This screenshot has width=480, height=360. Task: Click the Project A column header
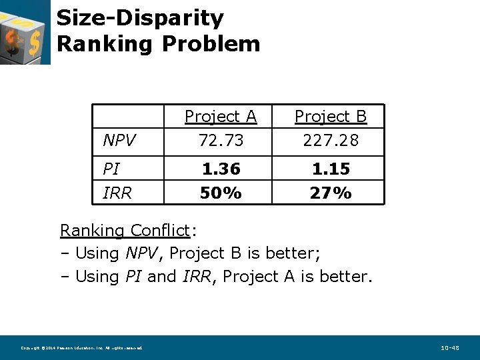[x=221, y=117]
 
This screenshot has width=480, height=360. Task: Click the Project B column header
[x=331, y=117]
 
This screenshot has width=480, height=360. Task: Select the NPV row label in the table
[x=120, y=141]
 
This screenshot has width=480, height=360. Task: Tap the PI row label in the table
[x=111, y=169]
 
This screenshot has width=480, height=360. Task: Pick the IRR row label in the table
[x=117, y=193]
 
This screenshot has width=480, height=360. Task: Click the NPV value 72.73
[x=221, y=141]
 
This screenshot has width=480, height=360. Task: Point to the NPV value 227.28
[x=331, y=141]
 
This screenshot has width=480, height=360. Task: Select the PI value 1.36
[x=221, y=169]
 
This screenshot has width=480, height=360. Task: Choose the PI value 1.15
[x=331, y=169]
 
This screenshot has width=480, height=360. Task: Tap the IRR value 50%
[x=221, y=193]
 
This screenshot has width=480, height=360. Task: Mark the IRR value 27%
[x=331, y=193]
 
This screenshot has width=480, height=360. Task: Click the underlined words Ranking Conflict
[x=125, y=231]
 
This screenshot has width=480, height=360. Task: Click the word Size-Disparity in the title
[x=140, y=18]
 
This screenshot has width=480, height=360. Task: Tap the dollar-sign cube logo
[x=25, y=32]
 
